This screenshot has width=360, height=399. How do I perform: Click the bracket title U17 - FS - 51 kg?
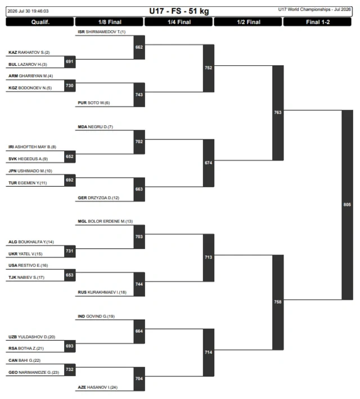(179, 11)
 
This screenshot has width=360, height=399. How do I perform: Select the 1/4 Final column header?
(179, 22)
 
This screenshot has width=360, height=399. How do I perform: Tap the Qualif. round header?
(40, 22)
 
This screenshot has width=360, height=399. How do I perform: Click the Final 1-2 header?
(317, 22)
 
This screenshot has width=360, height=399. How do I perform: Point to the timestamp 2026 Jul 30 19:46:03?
(28, 11)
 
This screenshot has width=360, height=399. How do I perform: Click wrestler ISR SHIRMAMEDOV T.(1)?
(102, 32)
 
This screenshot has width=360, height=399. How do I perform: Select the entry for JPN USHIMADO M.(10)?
(30, 171)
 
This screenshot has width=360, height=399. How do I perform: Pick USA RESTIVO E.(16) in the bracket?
(28, 265)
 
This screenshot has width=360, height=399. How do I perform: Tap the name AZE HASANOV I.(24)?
(97, 387)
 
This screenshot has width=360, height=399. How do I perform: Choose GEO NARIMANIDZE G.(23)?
(34, 372)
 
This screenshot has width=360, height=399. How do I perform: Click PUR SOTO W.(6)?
(94, 103)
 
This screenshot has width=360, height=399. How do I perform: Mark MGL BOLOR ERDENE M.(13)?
(105, 221)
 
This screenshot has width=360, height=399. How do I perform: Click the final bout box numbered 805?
(347, 205)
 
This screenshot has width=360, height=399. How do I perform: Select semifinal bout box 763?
(278, 113)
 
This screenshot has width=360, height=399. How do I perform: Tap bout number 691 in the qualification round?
(70, 62)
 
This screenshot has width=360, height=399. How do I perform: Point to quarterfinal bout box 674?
(209, 163)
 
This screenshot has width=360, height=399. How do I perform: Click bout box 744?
(139, 284)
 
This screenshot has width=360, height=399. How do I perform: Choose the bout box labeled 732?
(70, 369)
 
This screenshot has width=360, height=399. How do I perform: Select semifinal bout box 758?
(278, 302)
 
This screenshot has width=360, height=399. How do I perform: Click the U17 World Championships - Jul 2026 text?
(314, 10)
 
